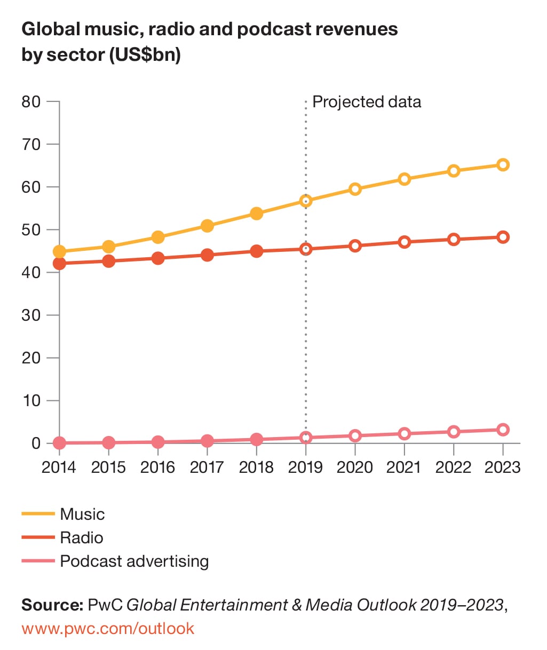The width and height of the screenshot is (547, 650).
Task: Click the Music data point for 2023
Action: click(503, 165)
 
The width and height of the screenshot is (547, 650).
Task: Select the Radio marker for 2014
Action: click(59, 264)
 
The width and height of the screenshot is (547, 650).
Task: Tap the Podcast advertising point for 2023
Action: click(503, 430)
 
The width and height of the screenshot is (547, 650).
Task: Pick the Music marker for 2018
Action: click(256, 213)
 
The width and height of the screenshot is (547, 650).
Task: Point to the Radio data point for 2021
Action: click(405, 242)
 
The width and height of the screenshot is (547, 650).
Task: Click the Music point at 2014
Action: click(59, 251)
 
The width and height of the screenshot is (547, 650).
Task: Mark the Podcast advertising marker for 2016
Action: click(158, 442)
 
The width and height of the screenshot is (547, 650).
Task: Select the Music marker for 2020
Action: click(355, 189)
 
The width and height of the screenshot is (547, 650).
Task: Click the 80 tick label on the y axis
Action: click(31, 101)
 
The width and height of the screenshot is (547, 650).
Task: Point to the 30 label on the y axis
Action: click(31, 315)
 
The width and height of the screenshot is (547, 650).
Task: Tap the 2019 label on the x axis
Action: click(305, 467)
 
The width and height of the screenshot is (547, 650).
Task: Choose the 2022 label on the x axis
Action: click(453, 467)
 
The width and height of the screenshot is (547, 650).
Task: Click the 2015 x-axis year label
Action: click(108, 467)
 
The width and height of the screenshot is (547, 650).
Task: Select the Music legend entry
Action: click(82, 514)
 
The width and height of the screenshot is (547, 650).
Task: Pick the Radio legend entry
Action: click(81, 537)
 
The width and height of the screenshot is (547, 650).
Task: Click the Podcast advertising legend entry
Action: click(134, 561)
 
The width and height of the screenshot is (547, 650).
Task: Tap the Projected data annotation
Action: click(367, 102)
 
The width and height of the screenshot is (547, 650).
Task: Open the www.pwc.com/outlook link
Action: click(108, 628)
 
